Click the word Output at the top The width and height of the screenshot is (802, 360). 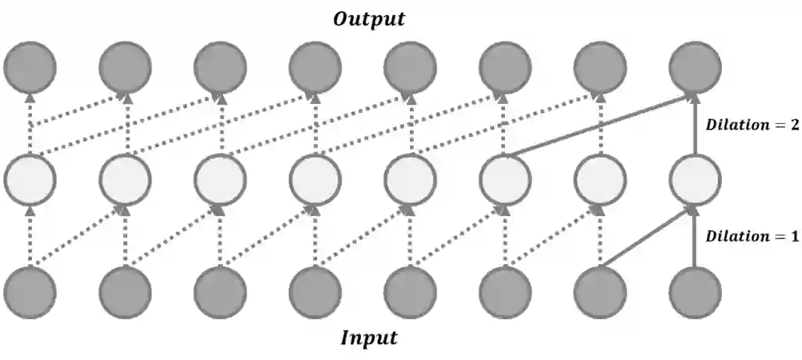click(369, 19)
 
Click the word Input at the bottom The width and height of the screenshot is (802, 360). click(369, 338)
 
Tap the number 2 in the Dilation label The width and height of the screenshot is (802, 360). click(795, 125)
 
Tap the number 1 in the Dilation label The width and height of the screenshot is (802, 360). click(795, 237)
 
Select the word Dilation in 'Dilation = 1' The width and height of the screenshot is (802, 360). click(734, 237)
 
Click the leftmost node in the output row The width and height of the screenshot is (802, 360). click(30, 68)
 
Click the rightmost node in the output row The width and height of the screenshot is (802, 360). click(695, 68)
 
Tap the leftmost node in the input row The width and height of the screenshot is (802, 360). click(30, 292)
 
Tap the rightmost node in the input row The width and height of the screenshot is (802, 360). click(695, 292)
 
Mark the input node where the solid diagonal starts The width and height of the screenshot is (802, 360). click(600, 292)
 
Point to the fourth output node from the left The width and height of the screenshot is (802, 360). click(315, 68)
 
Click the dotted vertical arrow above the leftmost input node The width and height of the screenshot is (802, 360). click(30, 237)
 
